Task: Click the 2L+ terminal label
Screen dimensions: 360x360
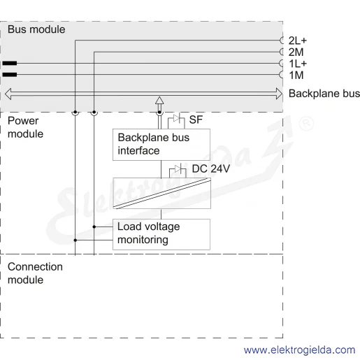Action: [298, 41]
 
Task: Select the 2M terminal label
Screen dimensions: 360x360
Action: [296, 52]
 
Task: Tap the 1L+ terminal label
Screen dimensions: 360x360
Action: [298, 64]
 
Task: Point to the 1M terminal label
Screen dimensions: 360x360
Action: [296, 75]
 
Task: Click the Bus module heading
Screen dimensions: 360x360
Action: [36, 29]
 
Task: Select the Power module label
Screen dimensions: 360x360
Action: [25, 127]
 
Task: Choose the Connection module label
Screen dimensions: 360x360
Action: [35, 273]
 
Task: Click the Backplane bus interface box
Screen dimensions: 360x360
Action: [161, 145]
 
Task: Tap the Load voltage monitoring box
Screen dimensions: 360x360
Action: [161, 234]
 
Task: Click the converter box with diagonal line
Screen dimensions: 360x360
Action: [161, 193]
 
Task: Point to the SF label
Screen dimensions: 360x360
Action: [196, 120]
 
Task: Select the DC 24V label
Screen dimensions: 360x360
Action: [211, 168]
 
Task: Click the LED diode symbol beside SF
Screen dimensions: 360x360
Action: [177, 118]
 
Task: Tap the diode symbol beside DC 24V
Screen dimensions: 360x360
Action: [178, 168]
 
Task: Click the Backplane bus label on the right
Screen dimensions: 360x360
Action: [324, 94]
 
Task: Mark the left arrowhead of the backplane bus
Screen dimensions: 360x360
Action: [8, 94]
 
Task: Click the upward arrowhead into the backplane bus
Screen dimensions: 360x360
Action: [159, 101]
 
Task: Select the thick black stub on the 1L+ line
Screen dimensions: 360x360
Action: [10, 63]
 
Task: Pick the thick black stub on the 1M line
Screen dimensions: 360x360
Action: [10, 75]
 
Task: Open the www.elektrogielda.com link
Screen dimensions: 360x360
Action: [299, 350]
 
